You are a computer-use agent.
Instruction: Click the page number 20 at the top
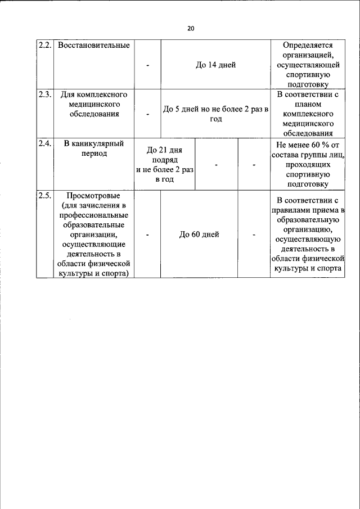point(191,29)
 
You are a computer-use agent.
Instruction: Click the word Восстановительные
point(94,45)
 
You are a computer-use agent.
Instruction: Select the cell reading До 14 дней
point(215,65)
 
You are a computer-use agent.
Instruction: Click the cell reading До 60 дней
point(199,235)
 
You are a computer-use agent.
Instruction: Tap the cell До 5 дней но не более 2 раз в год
point(215,114)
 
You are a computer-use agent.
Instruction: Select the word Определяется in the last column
point(308,45)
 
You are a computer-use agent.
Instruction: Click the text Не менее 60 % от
point(308,144)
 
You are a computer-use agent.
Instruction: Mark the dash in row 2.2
point(147,65)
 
